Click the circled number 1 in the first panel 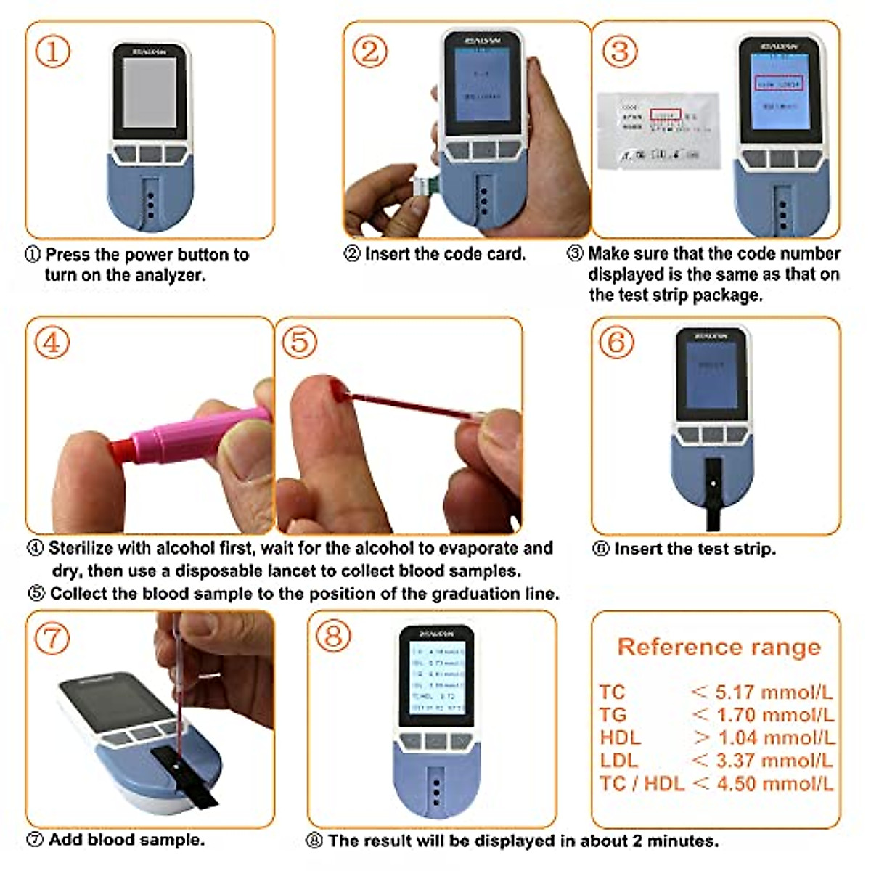(x=53, y=52)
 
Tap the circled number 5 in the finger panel (x=299, y=342)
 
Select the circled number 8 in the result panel (x=333, y=637)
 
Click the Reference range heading (x=719, y=647)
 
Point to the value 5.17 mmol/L (x=774, y=692)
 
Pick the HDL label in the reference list (x=620, y=738)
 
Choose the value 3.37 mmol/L (x=774, y=761)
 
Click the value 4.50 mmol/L (x=774, y=784)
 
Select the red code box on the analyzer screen (x=778, y=84)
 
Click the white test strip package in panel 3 (x=658, y=131)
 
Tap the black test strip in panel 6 (x=713, y=494)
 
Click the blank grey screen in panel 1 (x=150, y=92)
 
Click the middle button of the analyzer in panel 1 (x=150, y=155)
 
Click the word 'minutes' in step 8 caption (x=682, y=841)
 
